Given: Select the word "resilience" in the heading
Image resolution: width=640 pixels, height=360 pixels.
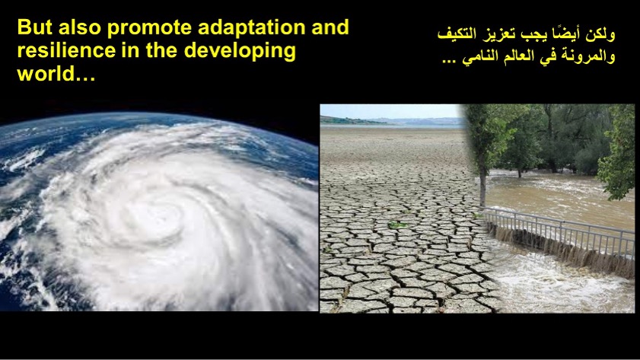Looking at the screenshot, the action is click(x=66, y=50).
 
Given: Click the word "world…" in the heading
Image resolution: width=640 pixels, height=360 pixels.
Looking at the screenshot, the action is click(x=56, y=74).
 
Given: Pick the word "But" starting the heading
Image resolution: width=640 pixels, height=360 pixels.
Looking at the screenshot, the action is click(x=35, y=27).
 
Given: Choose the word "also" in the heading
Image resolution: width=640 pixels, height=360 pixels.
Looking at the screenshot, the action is click(x=80, y=27).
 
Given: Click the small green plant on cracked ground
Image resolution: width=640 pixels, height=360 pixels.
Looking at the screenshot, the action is click(x=397, y=225).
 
